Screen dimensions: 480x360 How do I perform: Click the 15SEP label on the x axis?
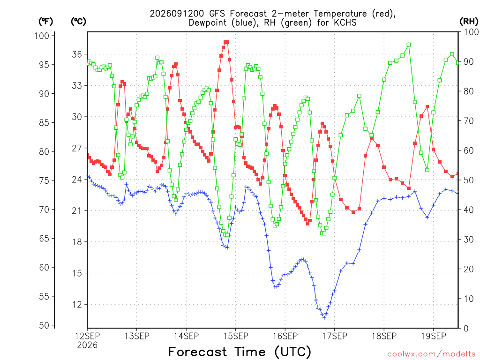click(235, 336)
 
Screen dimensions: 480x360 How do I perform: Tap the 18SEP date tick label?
click(384, 336)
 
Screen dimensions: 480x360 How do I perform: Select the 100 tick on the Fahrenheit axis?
click(42, 36)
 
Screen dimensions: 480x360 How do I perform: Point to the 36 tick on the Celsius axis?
click(77, 54)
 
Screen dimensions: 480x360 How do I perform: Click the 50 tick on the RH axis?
click(468, 180)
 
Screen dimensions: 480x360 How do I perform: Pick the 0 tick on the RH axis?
click(466, 329)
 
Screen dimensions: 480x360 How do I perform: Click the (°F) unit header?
click(45, 22)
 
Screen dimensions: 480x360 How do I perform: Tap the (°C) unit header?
click(78, 22)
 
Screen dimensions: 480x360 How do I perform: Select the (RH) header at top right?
click(469, 22)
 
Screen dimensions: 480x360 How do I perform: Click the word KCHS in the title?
click(345, 22)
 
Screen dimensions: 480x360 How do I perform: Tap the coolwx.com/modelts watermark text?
click(431, 354)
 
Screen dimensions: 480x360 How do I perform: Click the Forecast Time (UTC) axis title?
click(240, 352)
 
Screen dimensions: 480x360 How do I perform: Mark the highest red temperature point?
click(226, 42)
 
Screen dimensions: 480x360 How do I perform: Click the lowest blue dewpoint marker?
click(324, 318)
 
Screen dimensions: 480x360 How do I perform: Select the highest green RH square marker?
click(409, 45)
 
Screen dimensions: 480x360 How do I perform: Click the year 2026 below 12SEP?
click(87, 345)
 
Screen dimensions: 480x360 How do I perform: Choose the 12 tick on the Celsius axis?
click(77, 305)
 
